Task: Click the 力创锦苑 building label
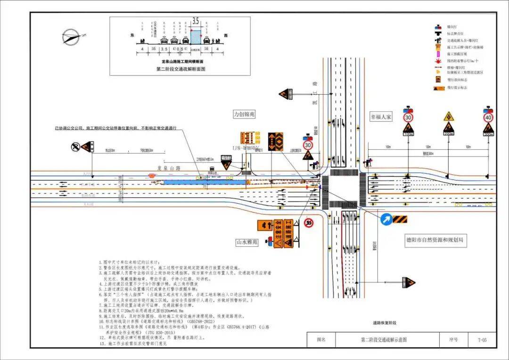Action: click(x=245, y=114)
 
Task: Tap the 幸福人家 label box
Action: click(x=380, y=117)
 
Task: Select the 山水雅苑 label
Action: click(x=247, y=242)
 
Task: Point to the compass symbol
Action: click(x=72, y=36)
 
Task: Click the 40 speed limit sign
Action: click(x=488, y=117)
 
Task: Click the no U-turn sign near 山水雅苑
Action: click(x=309, y=222)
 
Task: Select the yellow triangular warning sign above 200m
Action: click(x=448, y=116)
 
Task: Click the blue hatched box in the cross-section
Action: click(x=196, y=38)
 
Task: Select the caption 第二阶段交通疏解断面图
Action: click(x=182, y=69)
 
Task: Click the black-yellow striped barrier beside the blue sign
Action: click(x=400, y=219)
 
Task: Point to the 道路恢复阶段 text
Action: click(x=384, y=323)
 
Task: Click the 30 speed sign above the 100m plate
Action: click(x=408, y=117)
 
